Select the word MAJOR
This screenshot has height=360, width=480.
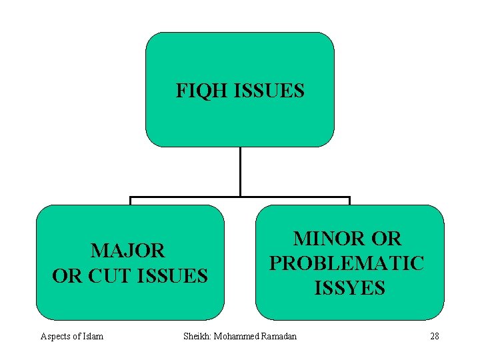click(x=128, y=251)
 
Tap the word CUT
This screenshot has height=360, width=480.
click(x=108, y=275)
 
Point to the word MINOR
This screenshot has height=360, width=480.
click(x=329, y=239)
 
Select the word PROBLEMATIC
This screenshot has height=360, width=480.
click(x=346, y=263)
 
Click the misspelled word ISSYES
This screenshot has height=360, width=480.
click(x=349, y=288)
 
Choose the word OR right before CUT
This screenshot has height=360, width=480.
click(x=65, y=275)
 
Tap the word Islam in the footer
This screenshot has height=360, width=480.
click(x=92, y=336)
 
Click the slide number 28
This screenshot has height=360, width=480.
click(x=435, y=336)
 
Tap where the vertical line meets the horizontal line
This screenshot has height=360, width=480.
click(x=240, y=197)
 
